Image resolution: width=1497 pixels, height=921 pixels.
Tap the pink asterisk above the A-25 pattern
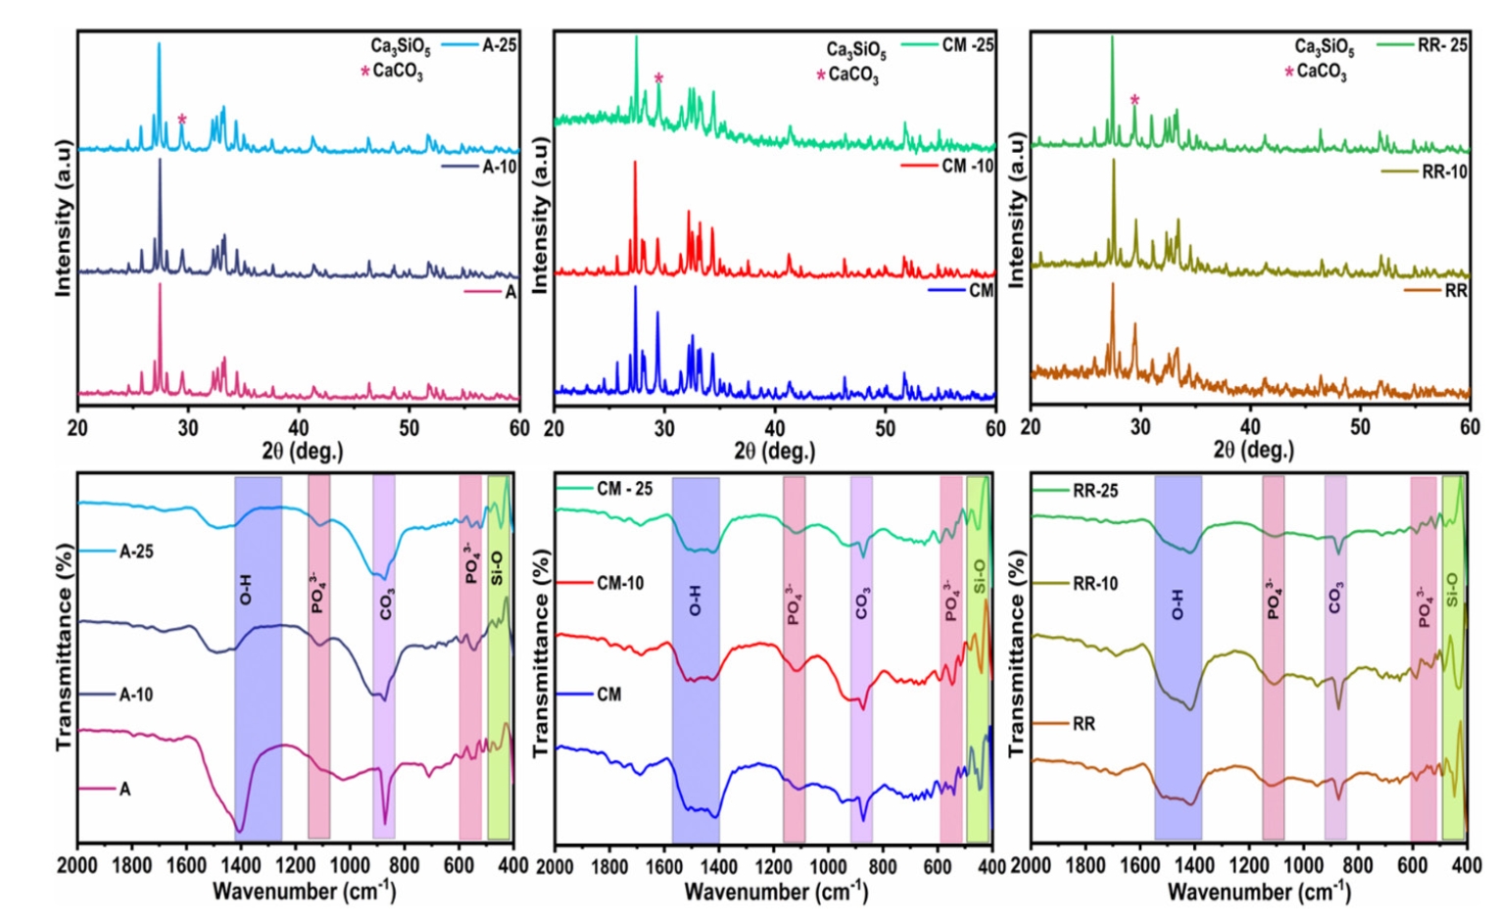[x=182, y=120]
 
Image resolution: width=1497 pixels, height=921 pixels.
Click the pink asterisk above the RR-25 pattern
[x=1135, y=100]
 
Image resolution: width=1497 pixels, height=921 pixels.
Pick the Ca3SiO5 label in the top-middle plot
[x=855, y=50]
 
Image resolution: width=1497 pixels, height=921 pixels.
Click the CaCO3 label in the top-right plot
[x=1322, y=72]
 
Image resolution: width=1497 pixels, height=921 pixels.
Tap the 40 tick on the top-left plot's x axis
[x=298, y=428]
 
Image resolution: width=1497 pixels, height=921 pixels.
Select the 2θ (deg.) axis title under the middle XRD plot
[x=774, y=451]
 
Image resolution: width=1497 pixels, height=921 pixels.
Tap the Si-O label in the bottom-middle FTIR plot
[x=980, y=577]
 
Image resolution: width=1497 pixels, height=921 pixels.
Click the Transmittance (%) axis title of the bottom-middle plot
[x=541, y=653]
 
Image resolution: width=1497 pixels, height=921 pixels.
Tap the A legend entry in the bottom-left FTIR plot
[x=124, y=789]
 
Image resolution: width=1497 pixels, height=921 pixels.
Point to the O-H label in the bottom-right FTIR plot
[x=1177, y=606]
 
